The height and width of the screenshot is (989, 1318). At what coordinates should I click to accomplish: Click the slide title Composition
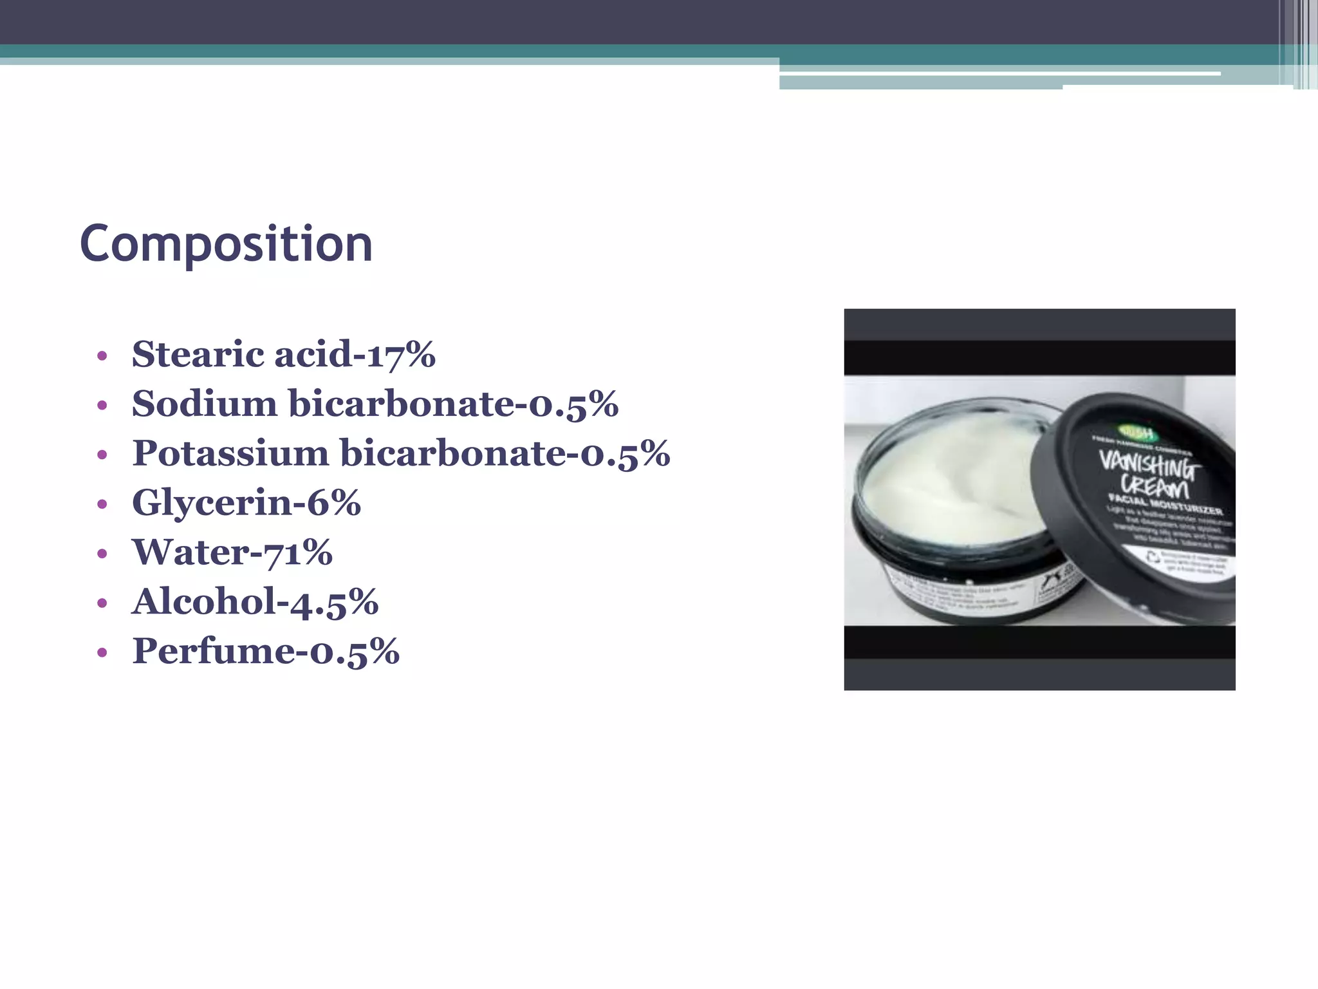click(x=226, y=244)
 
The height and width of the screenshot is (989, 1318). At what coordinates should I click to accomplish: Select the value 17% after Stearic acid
click(x=401, y=354)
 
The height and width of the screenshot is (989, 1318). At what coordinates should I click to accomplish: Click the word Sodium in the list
click(x=204, y=404)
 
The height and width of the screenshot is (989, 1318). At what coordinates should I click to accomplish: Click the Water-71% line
click(x=232, y=552)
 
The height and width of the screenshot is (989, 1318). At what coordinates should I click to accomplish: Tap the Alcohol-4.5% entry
click(x=255, y=601)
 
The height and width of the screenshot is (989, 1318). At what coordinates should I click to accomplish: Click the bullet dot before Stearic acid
click(x=102, y=356)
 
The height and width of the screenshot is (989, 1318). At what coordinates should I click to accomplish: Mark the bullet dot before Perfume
click(x=102, y=653)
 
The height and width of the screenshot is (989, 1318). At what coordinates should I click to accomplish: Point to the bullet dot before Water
click(x=102, y=554)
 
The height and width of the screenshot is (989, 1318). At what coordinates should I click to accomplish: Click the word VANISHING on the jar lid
click(x=1147, y=465)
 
